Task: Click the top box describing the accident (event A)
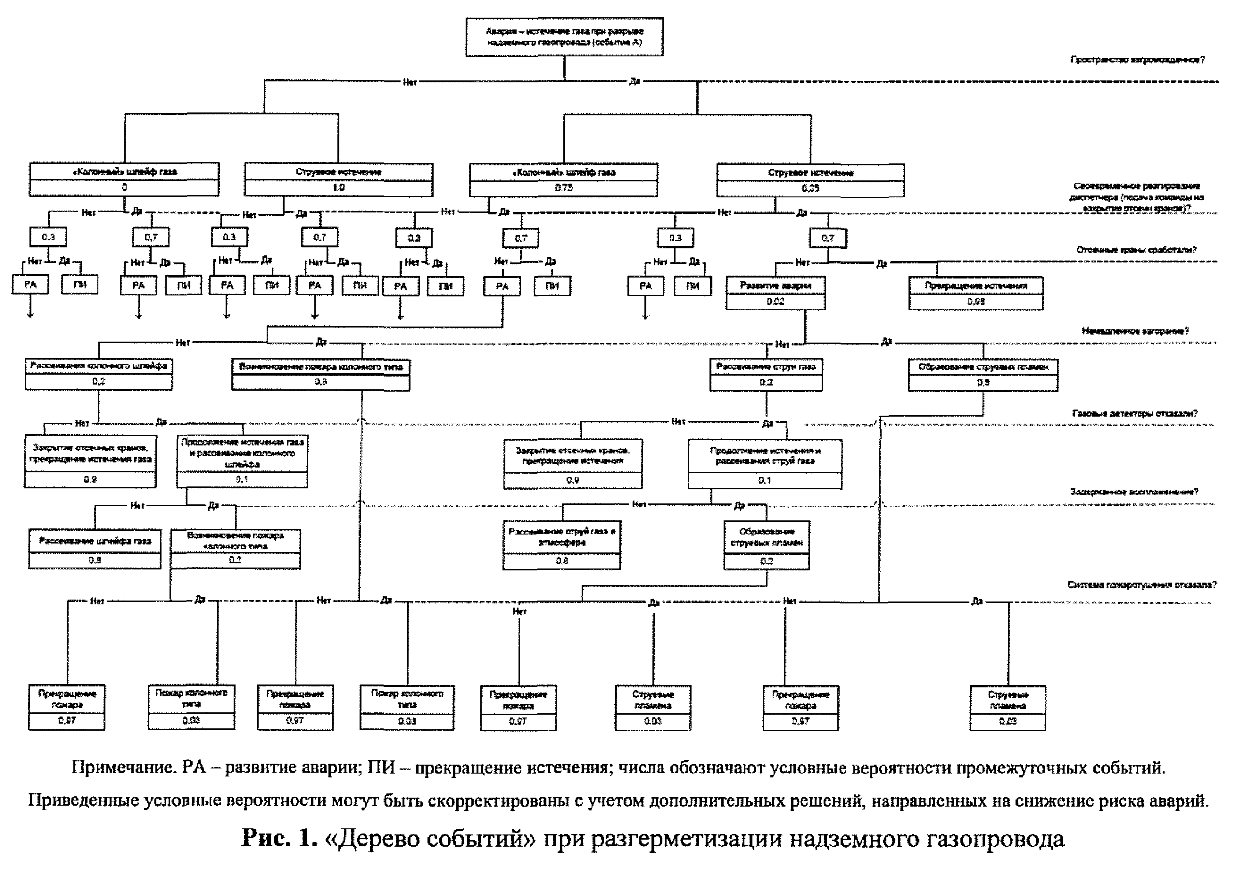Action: click(564, 37)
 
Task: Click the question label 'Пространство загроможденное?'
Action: click(1137, 60)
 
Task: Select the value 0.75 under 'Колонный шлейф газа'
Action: click(563, 188)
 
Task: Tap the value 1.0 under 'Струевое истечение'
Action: click(338, 187)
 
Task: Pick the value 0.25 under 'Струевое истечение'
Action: click(810, 188)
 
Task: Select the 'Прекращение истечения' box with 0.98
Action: click(975, 294)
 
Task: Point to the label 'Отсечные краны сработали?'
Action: click(1136, 250)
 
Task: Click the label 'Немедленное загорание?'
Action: click(1135, 331)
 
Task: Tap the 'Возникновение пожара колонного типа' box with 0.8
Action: click(321, 374)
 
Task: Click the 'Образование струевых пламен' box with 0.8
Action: click(983, 375)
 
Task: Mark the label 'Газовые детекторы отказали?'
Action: click(1135, 413)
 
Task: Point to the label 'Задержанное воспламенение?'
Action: click(1134, 492)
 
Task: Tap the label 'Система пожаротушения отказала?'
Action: click(1141, 585)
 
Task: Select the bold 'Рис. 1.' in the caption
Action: click(280, 838)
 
